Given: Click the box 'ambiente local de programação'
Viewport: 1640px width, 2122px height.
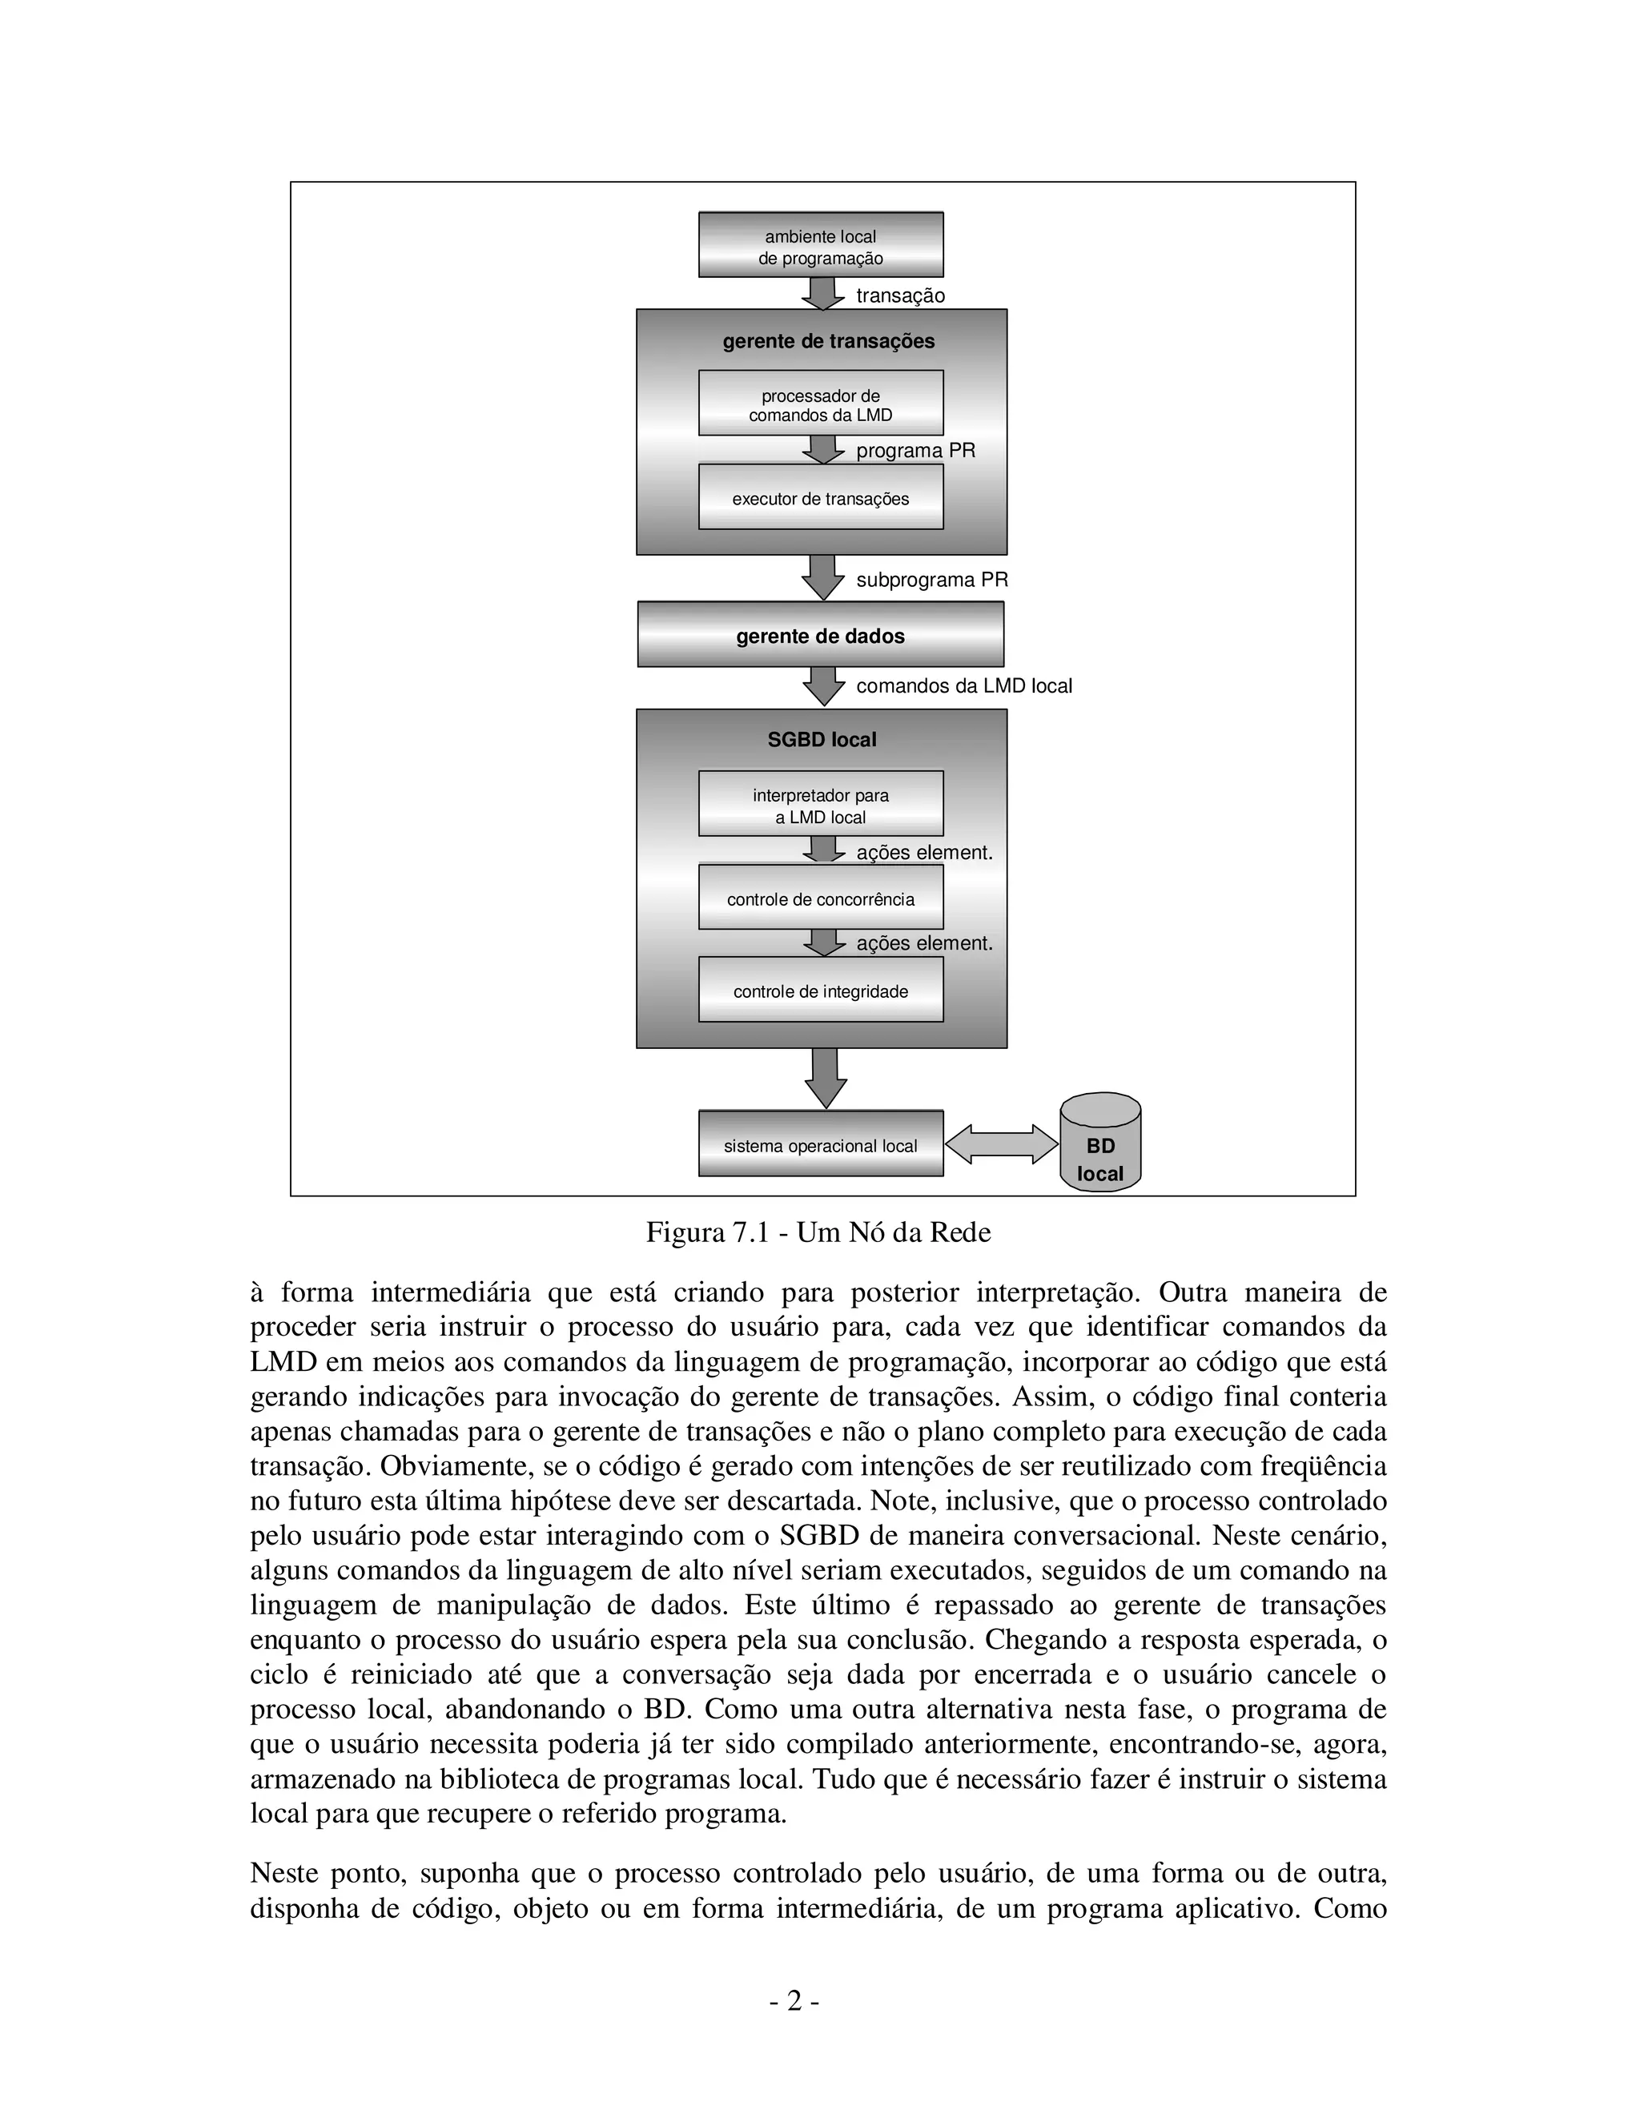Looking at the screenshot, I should coord(820,246).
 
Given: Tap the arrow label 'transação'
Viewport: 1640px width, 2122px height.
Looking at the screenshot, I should coord(899,295).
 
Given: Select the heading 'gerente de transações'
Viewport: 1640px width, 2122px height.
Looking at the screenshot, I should coord(828,341).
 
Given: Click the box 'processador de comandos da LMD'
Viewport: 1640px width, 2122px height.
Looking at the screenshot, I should coord(820,404).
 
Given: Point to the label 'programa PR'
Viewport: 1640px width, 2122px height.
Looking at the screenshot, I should coord(915,451).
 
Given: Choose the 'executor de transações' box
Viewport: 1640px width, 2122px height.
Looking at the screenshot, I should coord(820,498).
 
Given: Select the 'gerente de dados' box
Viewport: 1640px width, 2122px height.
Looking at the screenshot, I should coord(820,636).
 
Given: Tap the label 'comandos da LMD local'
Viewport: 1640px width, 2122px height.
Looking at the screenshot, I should coord(964,686).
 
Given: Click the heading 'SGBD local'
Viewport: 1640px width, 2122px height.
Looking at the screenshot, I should coord(822,739).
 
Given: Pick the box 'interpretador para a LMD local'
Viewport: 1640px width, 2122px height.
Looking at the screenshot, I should coord(820,806).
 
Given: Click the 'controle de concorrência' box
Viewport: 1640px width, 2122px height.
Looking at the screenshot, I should coord(820,898).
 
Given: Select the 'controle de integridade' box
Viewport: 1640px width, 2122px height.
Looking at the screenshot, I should coord(820,991).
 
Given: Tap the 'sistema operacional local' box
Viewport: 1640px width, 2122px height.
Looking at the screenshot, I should coord(820,1146).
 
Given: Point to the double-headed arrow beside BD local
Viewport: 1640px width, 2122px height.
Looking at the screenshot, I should coord(1002,1143).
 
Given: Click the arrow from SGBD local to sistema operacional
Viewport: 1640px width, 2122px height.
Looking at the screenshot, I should coord(825,1078).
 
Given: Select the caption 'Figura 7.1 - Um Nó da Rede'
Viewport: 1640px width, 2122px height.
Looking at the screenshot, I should coord(818,1232).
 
